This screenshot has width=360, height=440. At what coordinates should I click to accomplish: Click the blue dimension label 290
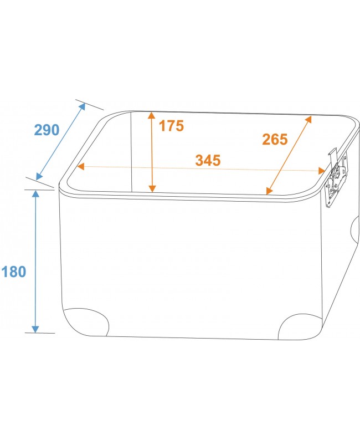[x=47, y=130]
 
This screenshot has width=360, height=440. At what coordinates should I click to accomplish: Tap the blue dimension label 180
[x=14, y=272]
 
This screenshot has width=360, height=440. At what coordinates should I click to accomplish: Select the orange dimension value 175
[x=171, y=125]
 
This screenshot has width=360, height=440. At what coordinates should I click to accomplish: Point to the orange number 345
[x=208, y=160]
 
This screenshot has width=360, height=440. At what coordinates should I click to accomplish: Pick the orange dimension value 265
[x=275, y=139]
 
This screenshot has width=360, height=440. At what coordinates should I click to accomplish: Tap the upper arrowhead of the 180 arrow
[x=35, y=193]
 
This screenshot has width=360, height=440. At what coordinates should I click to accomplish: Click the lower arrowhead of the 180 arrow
[x=35, y=329]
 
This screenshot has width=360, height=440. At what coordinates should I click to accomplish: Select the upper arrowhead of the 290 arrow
[x=82, y=106]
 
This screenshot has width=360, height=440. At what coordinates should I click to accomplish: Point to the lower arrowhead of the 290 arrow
[x=39, y=176]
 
